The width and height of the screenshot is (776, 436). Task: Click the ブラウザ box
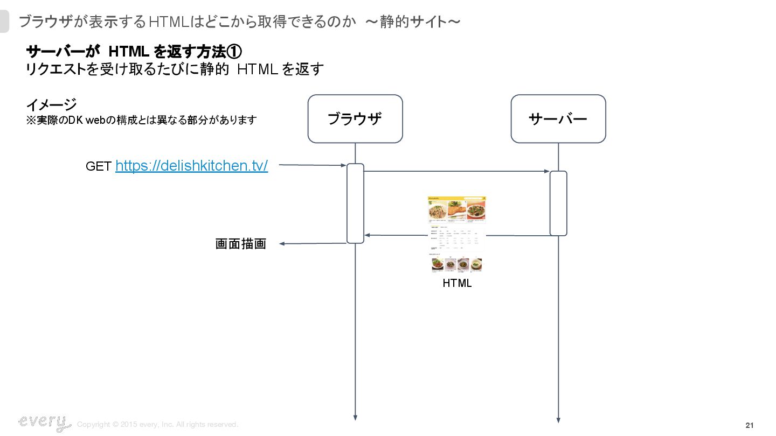pos(355,119)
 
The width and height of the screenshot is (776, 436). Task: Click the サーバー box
pos(558,119)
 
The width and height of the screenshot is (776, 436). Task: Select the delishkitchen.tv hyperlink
pos(191,166)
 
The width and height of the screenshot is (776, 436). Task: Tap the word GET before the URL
pos(99,167)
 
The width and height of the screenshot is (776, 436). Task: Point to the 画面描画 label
pos(241,244)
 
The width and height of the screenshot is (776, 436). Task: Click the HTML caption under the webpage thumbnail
pos(457,283)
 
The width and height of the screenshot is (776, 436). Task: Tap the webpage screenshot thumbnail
pos(457,235)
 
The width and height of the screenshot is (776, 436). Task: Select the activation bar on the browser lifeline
pos(355,203)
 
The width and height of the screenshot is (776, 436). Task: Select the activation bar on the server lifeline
pos(558,203)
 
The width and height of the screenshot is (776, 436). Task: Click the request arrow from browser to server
pos(457,172)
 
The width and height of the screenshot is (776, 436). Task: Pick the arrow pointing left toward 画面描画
pos(313,244)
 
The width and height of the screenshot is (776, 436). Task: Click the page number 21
pos(749,425)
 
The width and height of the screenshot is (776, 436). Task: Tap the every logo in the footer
pos(44,423)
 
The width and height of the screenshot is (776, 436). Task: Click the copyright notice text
pos(157,425)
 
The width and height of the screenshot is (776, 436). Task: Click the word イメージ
pos(51,104)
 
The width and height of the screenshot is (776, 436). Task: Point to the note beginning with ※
pos(141,120)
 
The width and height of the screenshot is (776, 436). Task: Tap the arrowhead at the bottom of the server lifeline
pos(558,420)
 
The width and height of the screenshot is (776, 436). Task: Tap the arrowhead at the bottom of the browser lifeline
pos(355,417)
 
